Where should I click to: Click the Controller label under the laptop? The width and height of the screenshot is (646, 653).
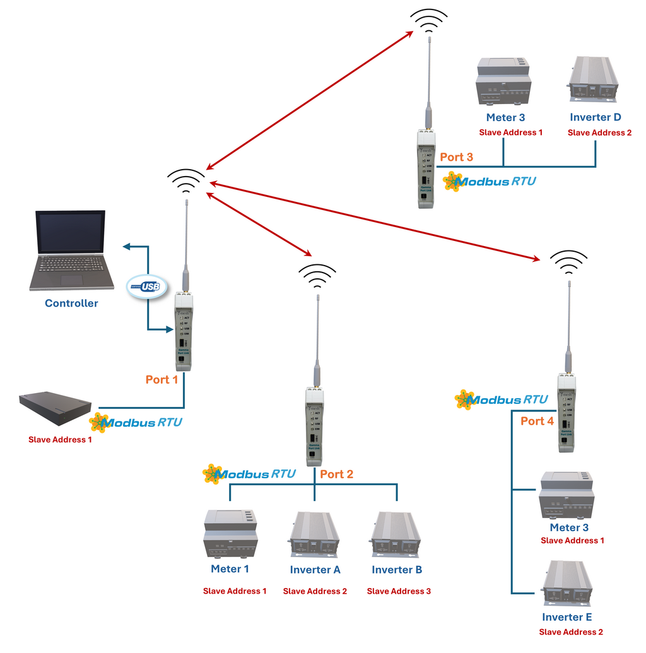click(x=71, y=303)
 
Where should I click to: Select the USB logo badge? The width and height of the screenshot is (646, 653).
click(x=146, y=287)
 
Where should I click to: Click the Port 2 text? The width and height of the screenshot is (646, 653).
click(x=337, y=474)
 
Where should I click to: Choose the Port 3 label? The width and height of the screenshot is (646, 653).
click(x=456, y=157)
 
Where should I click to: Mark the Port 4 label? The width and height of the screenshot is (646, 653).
click(x=537, y=421)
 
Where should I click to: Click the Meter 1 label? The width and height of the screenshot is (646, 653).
click(x=230, y=569)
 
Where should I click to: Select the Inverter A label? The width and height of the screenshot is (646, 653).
click(x=315, y=570)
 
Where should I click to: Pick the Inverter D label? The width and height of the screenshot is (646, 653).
click(x=596, y=117)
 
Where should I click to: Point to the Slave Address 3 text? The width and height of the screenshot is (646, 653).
click(x=399, y=591)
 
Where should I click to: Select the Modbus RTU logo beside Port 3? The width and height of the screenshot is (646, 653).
click(x=490, y=182)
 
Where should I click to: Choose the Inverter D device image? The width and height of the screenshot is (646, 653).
click(x=593, y=80)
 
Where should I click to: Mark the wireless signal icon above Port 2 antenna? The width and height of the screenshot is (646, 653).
click(x=317, y=275)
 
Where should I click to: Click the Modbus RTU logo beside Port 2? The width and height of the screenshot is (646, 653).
click(x=249, y=474)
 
